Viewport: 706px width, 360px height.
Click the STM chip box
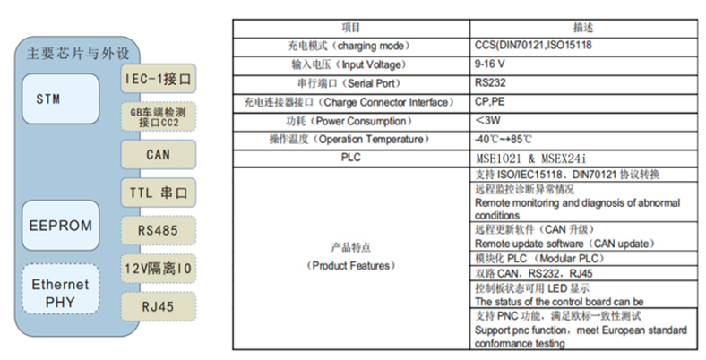coord(60,99)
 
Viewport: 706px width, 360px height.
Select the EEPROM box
coord(60,226)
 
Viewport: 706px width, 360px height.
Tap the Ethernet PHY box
coord(60,289)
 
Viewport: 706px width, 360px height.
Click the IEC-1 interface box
coord(158,79)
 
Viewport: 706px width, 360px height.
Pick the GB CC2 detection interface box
coord(158,116)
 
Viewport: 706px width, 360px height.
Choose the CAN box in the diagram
coord(158,154)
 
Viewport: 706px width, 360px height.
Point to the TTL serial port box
coord(158,193)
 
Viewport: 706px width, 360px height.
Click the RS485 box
coord(158,230)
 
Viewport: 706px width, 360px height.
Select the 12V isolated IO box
coord(158,269)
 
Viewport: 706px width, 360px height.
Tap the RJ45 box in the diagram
coord(158,306)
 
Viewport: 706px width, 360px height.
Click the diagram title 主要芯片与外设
coord(78,53)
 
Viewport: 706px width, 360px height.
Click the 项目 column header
coord(350,28)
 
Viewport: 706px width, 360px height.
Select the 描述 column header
coord(583,28)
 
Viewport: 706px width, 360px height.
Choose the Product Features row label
coord(350,256)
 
